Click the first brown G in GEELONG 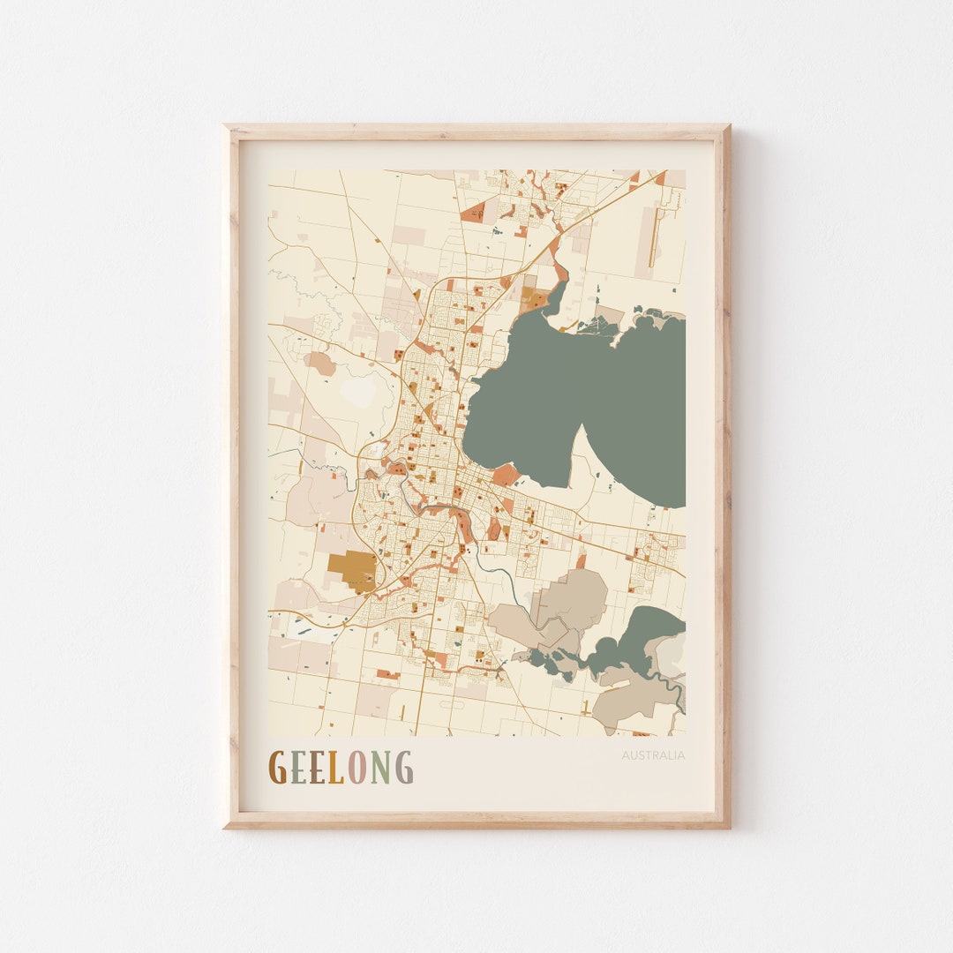(x=277, y=768)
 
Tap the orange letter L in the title (x=335, y=768)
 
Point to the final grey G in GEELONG (x=403, y=768)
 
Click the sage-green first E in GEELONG (x=297, y=768)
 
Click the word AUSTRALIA (x=652, y=755)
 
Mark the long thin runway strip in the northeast (x=654, y=237)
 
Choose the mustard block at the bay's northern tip (x=532, y=298)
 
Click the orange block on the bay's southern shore (x=506, y=475)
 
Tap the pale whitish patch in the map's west (x=358, y=393)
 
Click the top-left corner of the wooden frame (x=226, y=127)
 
